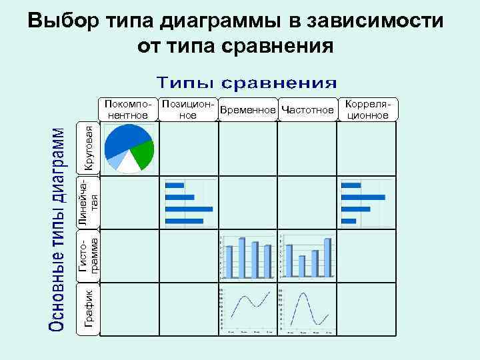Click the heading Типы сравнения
tap(247, 83)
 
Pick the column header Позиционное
tap(189, 111)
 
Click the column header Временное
tap(248, 110)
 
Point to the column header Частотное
tap(307, 110)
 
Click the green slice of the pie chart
tap(143, 155)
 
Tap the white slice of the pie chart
tap(127, 164)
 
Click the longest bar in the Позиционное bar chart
tap(189, 209)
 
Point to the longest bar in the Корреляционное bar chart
tap(363, 197)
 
